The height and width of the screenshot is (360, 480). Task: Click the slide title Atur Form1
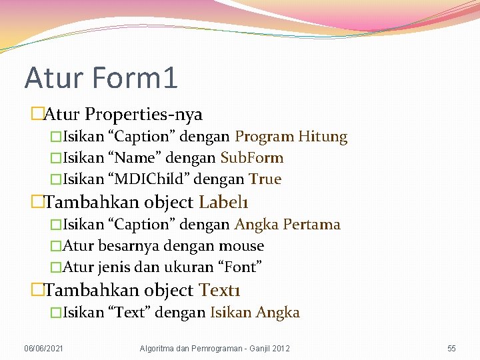tap(101, 77)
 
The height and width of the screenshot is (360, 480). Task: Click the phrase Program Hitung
tap(291, 137)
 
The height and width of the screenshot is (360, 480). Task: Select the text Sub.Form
tap(252, 158)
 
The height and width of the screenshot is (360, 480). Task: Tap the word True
tap(265, 179)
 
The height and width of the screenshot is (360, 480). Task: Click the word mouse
tap(241, 246)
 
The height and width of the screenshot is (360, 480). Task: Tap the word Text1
tap(219, 290)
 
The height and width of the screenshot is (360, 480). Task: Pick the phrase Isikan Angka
tap(255, 312)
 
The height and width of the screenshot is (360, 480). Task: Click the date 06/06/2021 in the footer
tap(44, 349)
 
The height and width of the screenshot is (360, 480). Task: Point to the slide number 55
tap(451, 349)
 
